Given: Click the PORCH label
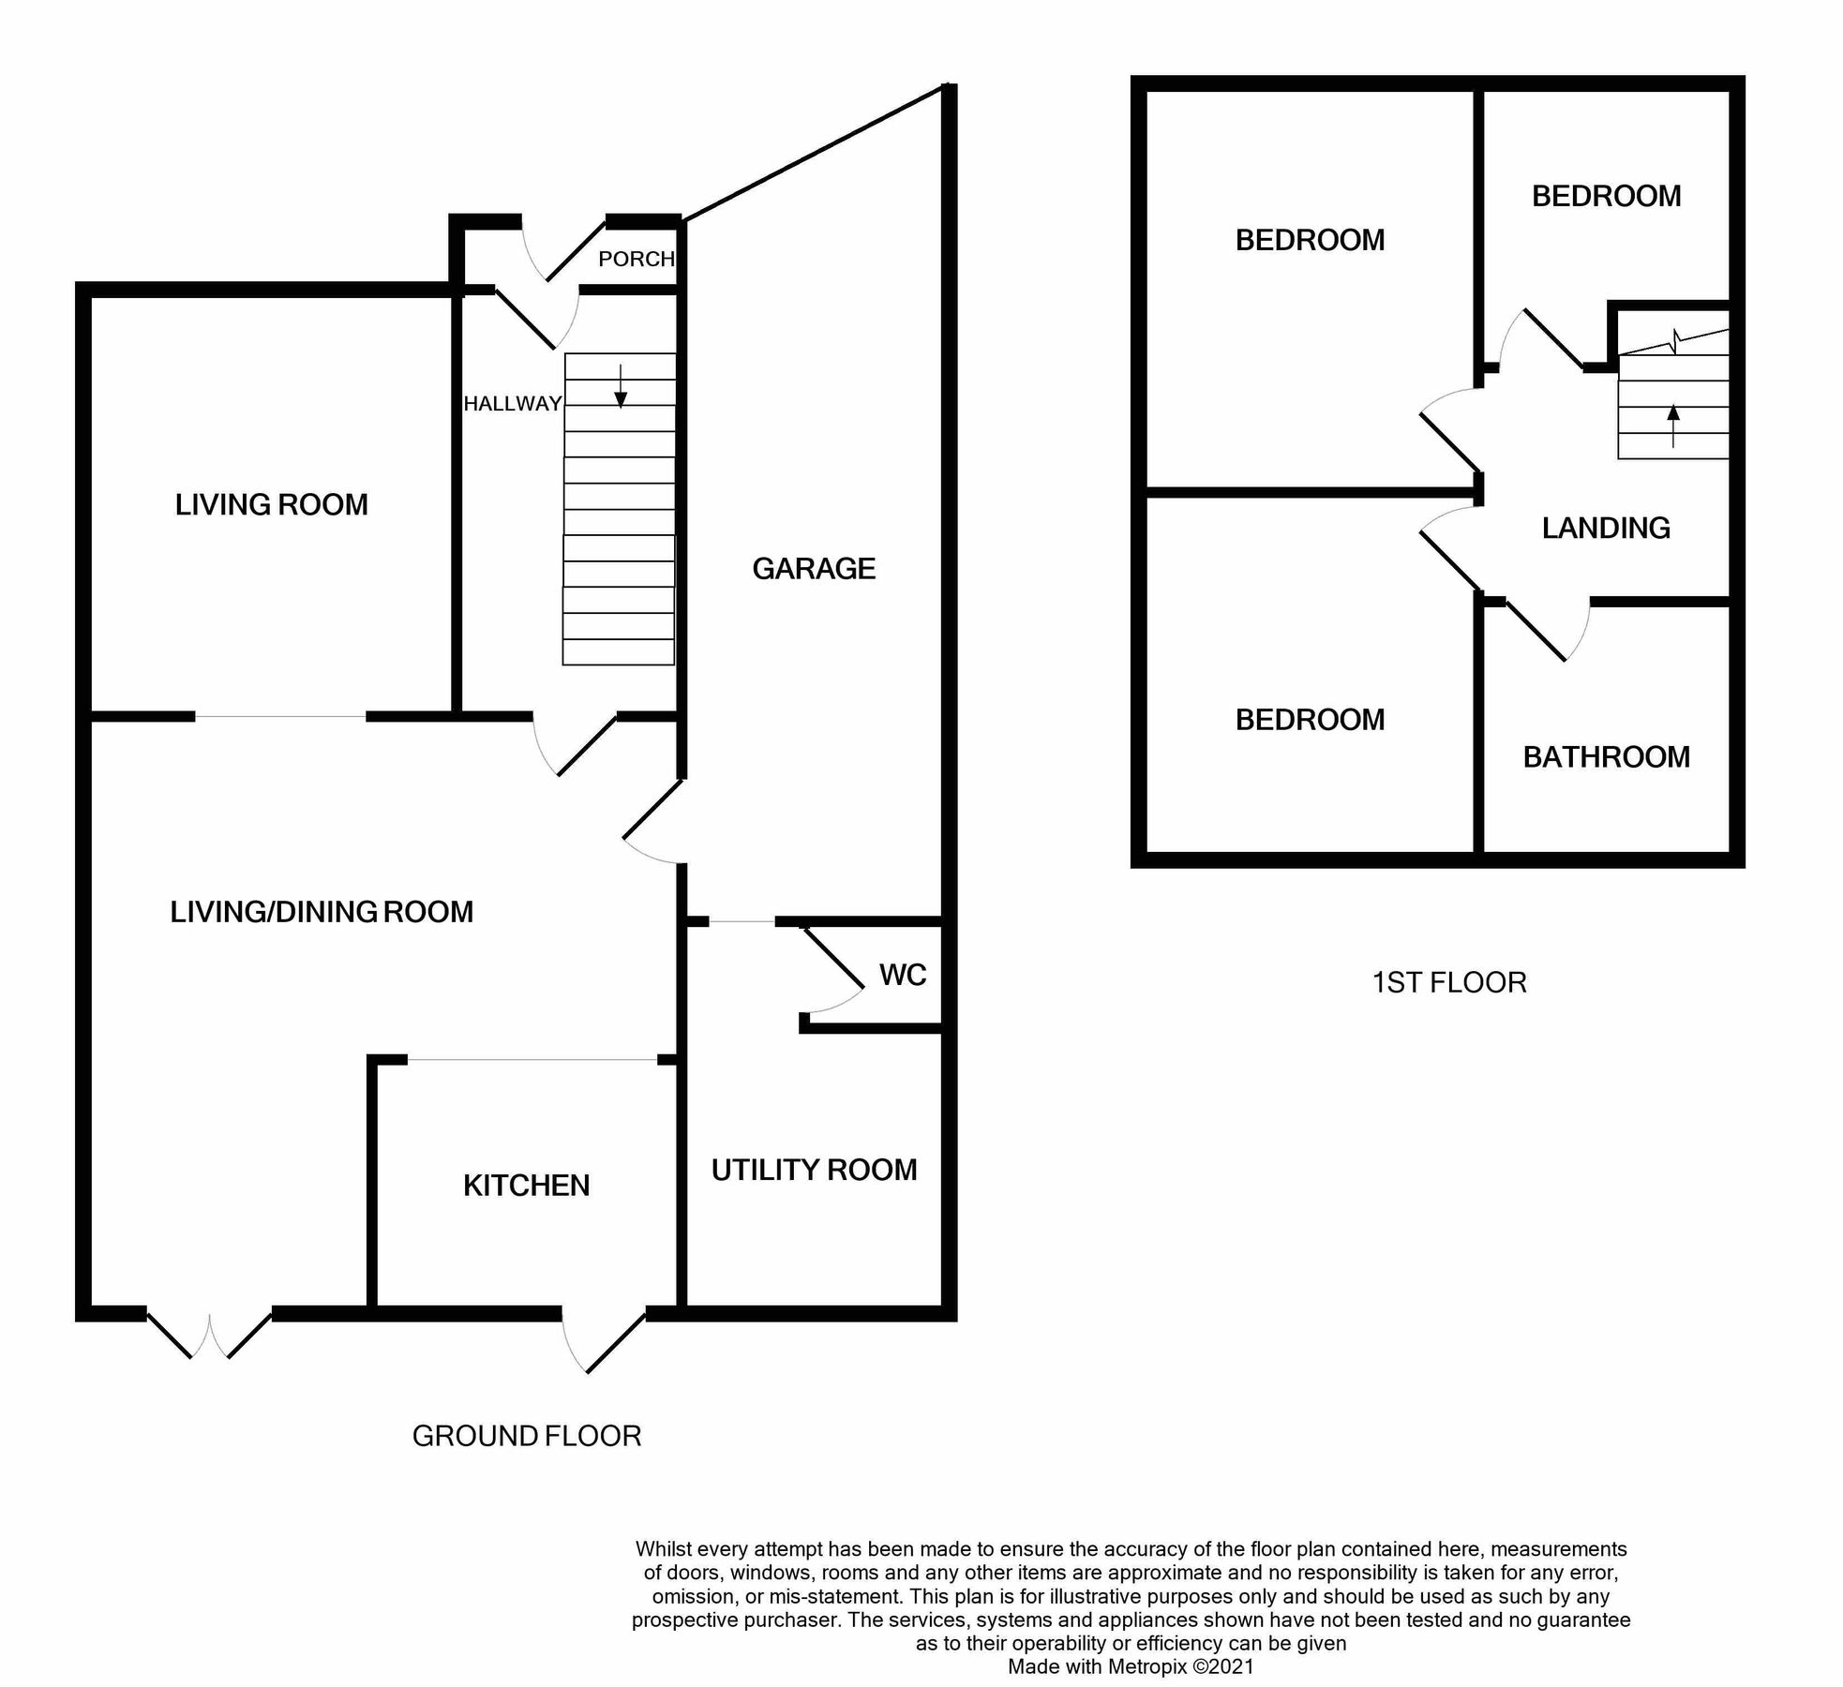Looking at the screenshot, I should click(x=636, y=259).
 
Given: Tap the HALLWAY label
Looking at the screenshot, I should click(x=512, y=404).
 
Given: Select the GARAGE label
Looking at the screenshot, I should click(x=814, y=569).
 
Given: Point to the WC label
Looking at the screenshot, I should click(x=903, y=975).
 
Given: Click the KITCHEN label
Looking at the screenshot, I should click(x=526, y=1186).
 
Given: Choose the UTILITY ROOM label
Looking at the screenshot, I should click(x=814, y=1170).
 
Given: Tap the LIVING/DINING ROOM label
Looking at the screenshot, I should click(x=322, y=912).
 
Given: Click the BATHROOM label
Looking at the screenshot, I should click(x=1606, y=757).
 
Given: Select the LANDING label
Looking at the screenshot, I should click(x=1606, y=529).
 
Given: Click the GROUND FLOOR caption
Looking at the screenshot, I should click(x=526, y=1436).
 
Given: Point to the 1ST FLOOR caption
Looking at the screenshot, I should click(x=1449, y=982).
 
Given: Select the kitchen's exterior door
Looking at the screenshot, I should click(x=605, y=1340).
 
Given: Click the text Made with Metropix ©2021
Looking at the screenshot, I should click(x=1130, y=1666).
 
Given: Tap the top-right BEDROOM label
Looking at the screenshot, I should click(x=1606, y=196).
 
